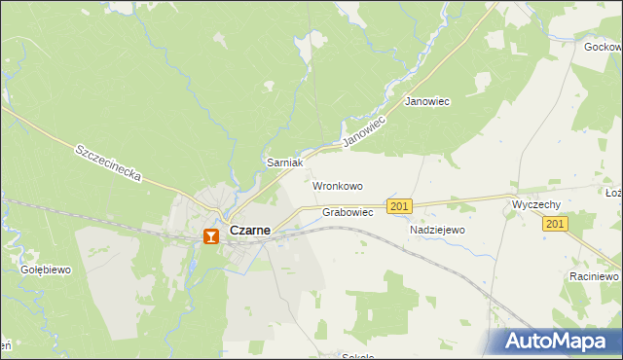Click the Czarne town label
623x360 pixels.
point(249,232)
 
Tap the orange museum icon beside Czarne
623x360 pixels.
point(211,234)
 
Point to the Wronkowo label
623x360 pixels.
point(337,185)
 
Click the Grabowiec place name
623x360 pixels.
point(348,212)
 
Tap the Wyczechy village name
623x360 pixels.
point(535,205)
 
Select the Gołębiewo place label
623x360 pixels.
point(46,270)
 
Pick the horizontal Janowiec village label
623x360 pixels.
point(426,101)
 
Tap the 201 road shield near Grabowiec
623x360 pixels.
point(399,206)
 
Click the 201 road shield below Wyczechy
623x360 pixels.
point(555,224)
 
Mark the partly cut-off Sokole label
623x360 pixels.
point(357,356)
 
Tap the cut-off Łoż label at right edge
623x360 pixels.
point(613,193)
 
